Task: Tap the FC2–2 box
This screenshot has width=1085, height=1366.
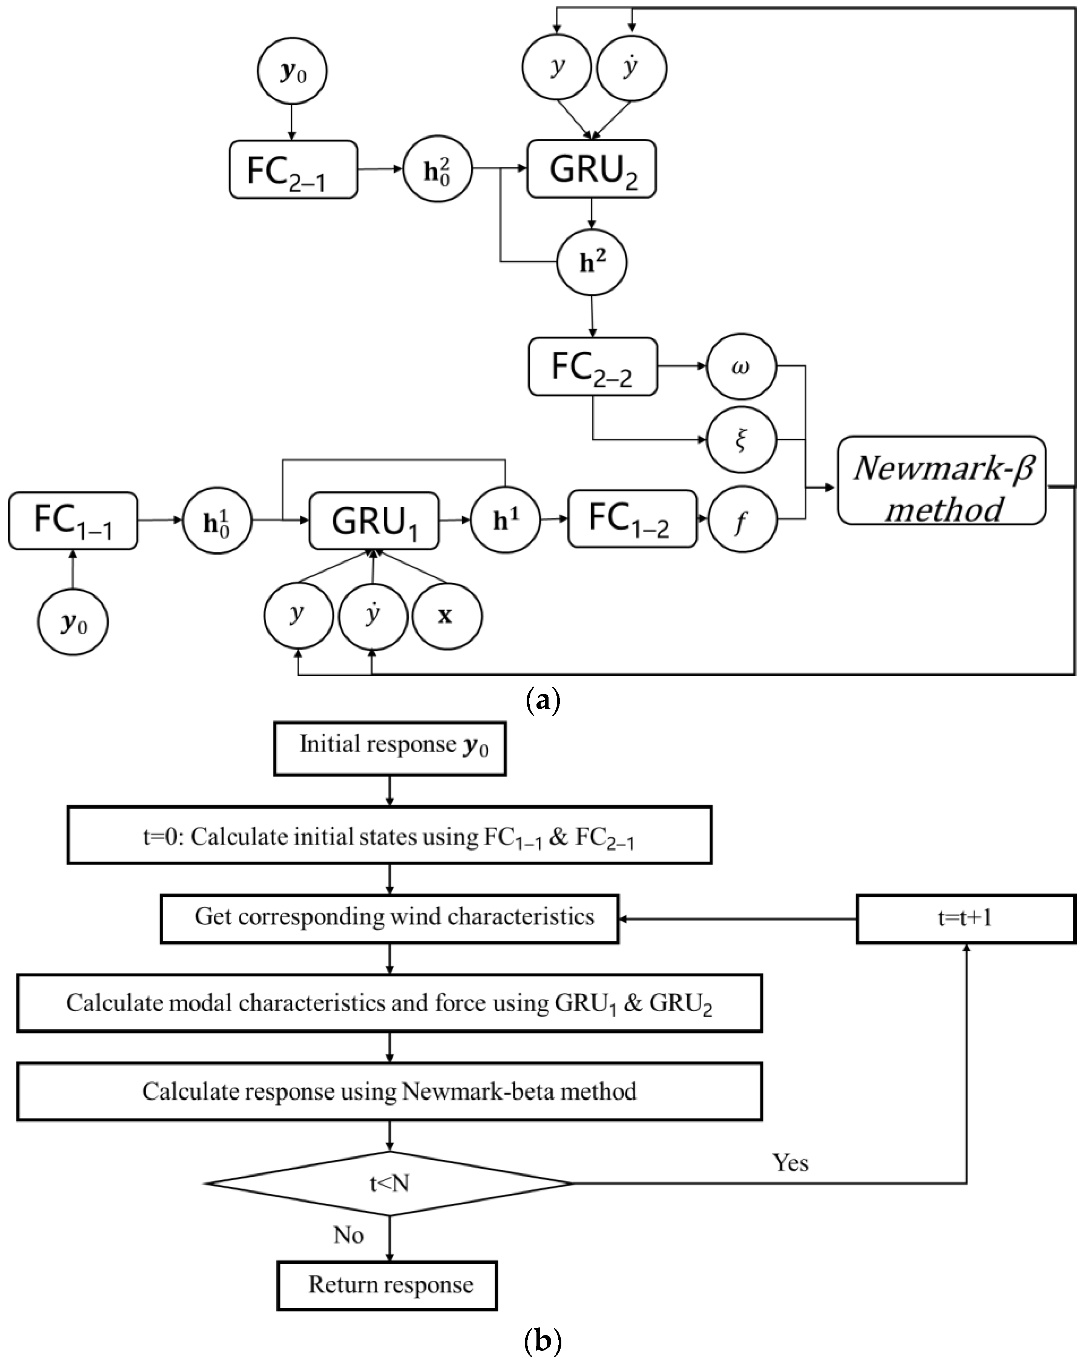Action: click(592, 367)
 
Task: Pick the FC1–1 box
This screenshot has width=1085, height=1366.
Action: click(73, 521)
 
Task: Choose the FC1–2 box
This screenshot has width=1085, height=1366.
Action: click(632, 518)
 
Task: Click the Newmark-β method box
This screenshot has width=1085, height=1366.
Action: click(941, 480)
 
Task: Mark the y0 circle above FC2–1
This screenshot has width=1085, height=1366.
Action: click(292, 72)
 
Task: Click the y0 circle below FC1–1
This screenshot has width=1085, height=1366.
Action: click(73, 622)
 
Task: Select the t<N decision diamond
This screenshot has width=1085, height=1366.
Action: click(389, 1183)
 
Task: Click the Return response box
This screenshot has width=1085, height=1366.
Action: click(387, 1284)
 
